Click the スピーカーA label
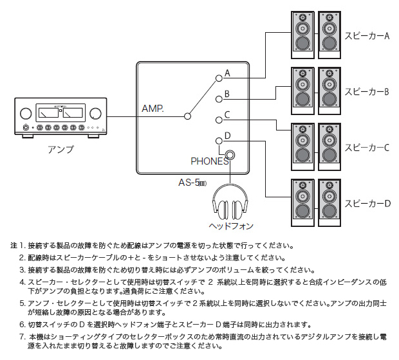click(x=367, y=37)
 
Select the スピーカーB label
click(x=367, y=92)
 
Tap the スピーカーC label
click(x=367, y=147)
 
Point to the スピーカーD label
click(x=367, y=203)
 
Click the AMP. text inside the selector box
click(x=153, y=109)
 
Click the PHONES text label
click(x=209, y=162)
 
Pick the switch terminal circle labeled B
click(x=218, y=98)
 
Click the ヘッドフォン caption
click(x=230, y=226)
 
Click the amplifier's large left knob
click(x=25, y=114)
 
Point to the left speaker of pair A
click(x=301, y=34)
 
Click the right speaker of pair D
click(x=328, y=201)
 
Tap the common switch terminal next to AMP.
click(x=187, y=116)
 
